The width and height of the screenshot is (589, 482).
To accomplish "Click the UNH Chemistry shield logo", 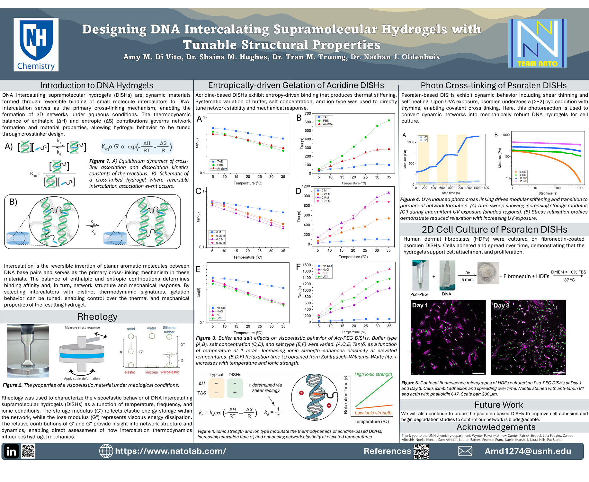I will [36, 44].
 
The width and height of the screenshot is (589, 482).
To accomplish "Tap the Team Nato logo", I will [537, 43].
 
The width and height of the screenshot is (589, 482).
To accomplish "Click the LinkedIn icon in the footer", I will [11, 451].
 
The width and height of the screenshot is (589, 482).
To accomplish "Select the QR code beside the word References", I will [421, 451].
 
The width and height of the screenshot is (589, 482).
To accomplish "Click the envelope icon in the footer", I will [465, 451].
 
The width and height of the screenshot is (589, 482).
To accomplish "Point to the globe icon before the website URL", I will [106, 451].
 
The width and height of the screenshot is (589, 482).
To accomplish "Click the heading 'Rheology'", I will [97, 317].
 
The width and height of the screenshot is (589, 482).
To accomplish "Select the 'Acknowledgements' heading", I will [496, 427].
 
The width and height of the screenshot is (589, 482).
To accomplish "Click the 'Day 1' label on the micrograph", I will [420, 305].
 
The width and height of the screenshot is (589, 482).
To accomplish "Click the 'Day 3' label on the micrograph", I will [501, 306].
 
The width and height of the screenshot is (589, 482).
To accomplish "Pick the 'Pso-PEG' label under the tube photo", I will [419, 294].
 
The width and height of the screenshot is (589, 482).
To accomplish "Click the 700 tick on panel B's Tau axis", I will [308, 113].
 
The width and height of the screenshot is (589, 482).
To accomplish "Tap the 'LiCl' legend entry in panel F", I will [326, 277].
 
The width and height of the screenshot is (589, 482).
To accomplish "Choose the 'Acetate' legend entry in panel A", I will [222, 169].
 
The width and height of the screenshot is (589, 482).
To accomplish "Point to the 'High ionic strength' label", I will [373, 374].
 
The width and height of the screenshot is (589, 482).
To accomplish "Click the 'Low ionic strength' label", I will [373, 413].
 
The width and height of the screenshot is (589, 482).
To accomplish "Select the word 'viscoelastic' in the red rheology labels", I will [170, 372].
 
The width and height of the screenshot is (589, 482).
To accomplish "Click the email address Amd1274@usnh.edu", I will [528, 451].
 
